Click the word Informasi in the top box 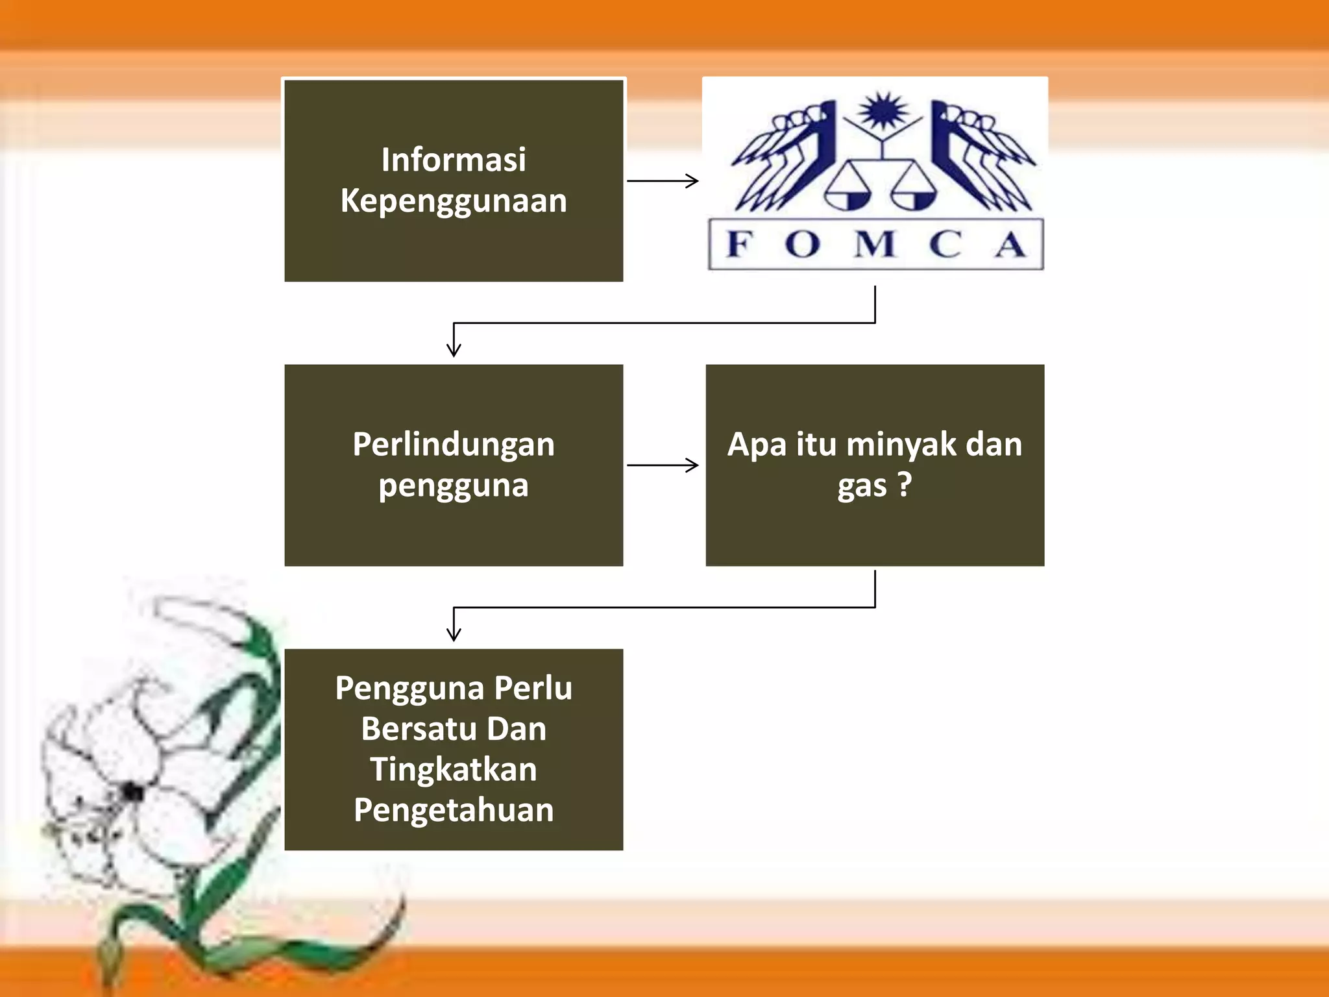tap(454, 160)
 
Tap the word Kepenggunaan tap(454, 201)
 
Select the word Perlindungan tap(454, 445)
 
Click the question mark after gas tap(905, 484)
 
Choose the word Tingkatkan tap(454, 770)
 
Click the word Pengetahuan tap(454, 811)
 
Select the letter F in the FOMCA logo tap(740, 244)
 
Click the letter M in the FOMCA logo tap(875, 244)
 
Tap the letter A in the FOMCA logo tap(1011, 244)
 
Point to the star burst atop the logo tap(883, 110)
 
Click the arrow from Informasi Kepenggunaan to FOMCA tap(663, 180)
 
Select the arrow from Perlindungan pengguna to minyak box tap(663, 465)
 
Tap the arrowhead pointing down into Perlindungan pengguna tap(454, 349)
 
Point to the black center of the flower tap(133, 792)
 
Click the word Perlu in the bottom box tap(533, 689)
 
